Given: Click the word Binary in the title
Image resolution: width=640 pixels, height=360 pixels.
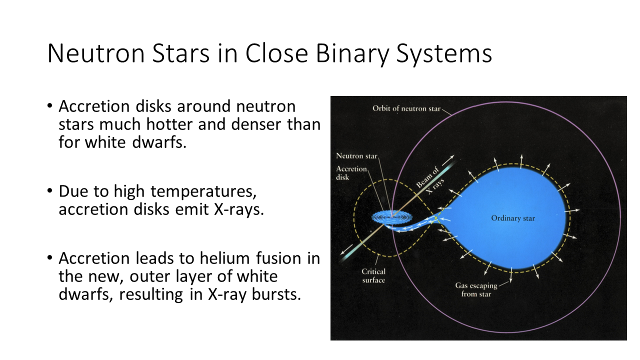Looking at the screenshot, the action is [x=352, y=53].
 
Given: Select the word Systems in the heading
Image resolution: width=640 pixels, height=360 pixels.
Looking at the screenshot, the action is [x=444, y=53].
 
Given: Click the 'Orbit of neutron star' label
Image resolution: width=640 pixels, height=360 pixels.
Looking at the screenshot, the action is [x=406, y=108].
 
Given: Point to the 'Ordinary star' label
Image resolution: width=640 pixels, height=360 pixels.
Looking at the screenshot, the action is [x=513, y=218].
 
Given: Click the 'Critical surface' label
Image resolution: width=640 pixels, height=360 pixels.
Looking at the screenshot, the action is [x=373, y=275].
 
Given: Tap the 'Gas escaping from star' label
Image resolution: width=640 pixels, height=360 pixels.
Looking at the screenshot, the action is [x=476, y=289].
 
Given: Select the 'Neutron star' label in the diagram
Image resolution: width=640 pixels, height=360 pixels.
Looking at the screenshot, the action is [x=356, y=155].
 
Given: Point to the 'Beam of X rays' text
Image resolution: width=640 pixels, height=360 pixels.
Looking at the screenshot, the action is [x=430, y=181].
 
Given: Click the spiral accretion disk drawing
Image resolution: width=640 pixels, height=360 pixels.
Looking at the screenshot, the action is [x=392, y=217].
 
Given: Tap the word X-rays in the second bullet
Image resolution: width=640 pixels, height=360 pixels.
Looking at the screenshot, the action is [x=239, y=209].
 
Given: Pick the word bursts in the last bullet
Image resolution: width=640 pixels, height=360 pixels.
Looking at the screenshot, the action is [x=276, y=294].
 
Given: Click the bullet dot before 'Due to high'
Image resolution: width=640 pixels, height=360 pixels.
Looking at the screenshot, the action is [x=50, y=190].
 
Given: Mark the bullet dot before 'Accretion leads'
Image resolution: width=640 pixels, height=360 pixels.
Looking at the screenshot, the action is [x=50, y=257].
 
